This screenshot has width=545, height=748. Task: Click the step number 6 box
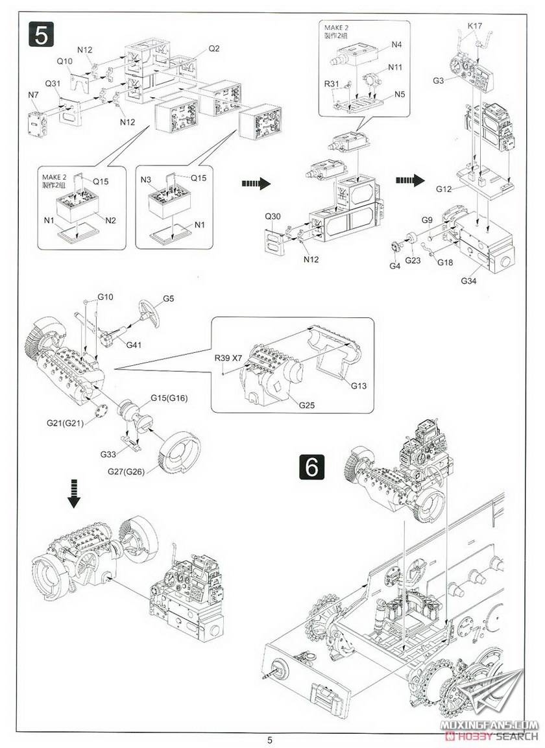(x=312, y=467)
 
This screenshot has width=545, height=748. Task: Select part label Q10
(x=65, y=61)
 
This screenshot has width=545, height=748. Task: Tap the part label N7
(x=34, y=95)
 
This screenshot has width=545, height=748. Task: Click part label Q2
(x=214, y=49)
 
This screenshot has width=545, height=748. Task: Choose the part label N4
(x=396, y=44)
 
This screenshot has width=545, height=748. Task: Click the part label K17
(x=476, y=26)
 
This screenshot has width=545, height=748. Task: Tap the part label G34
(x=469, y=280)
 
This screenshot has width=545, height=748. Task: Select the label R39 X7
(x=229, y=358)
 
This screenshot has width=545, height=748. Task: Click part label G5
(x=169, y=299)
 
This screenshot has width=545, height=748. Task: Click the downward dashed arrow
(x=75, y=495)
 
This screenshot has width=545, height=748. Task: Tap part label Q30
(x=273, y=217)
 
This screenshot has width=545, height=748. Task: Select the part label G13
(x=359, y=386)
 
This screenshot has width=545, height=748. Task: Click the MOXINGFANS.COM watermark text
(x=497, y=723)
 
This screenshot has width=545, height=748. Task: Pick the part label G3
(x=438, y=80)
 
